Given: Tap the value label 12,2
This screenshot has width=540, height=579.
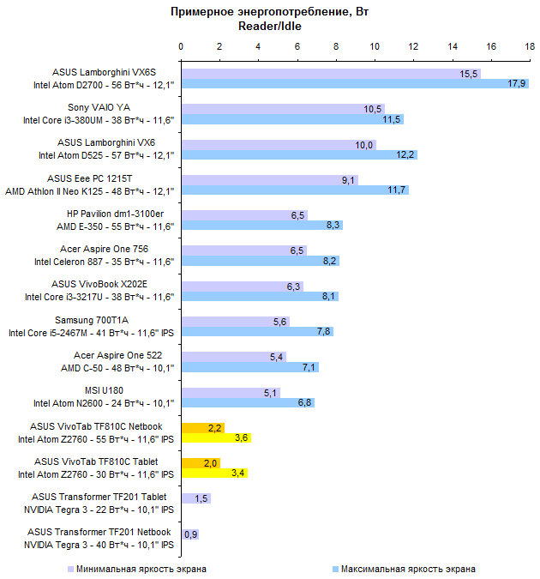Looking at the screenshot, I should (405, 154).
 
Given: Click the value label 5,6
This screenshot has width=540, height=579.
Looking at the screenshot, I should (279, 321).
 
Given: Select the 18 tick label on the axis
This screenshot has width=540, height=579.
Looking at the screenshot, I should (529, 46).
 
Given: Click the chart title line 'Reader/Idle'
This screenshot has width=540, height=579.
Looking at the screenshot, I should (269, 26).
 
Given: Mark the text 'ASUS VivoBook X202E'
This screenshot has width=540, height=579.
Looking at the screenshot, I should (123, 283).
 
